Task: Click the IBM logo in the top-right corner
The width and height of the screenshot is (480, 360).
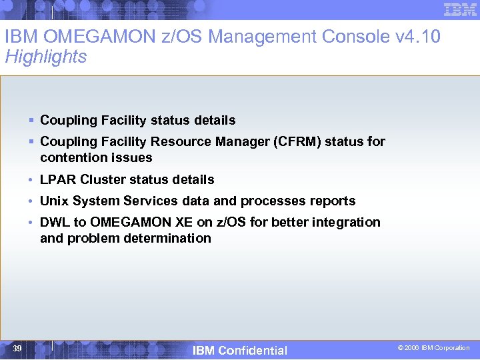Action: coord(459,9)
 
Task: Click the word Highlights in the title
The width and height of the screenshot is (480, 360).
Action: coord(46,57)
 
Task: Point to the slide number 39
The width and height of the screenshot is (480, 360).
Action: coord(17,349)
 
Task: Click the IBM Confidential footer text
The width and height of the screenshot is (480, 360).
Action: coord(239,351)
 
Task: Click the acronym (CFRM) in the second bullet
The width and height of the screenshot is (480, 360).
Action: coord(295,141)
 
